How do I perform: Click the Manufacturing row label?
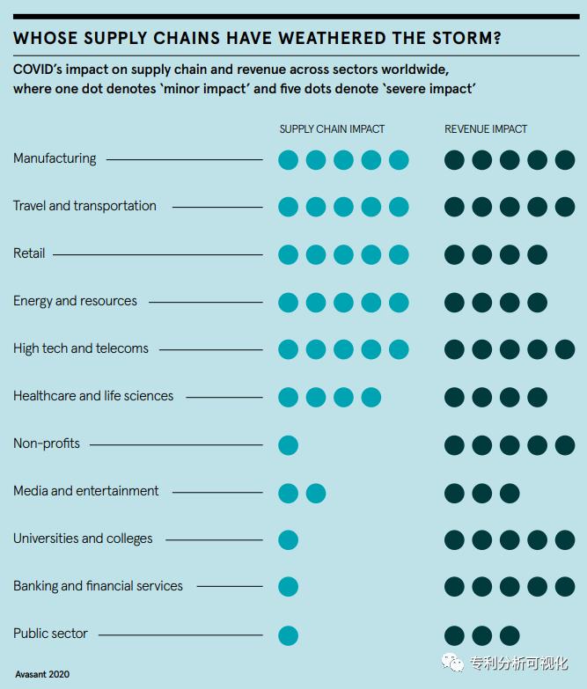click(x=55, y=158)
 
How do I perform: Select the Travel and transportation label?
click(x=84, y=206)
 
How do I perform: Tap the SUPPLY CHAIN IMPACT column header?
click(x=332, y=129)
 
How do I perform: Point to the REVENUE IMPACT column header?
click(x=486, y=129)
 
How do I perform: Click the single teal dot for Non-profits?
click(x=288, y=445)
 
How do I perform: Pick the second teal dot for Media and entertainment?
click(x=316, y=493)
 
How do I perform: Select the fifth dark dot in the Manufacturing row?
click(x=564, y=160)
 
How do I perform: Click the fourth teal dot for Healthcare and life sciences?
click(x=371, y=398)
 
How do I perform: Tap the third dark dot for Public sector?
click(x=510, y=635)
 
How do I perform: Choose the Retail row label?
click(x=29, y=253)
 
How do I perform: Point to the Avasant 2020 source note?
click(x=42, y=674)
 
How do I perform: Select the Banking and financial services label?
click(x=98, y=586)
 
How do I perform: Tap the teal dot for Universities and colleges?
click(x=288, y=540)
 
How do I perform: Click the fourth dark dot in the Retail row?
click(x=537, y=255)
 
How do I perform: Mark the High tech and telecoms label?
click(x=81, y=348)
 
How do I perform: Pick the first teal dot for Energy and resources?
click(x=288, y=303)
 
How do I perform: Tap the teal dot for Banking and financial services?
click(x=288, y=588)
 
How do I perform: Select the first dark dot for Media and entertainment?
click(x=454, y=493)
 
